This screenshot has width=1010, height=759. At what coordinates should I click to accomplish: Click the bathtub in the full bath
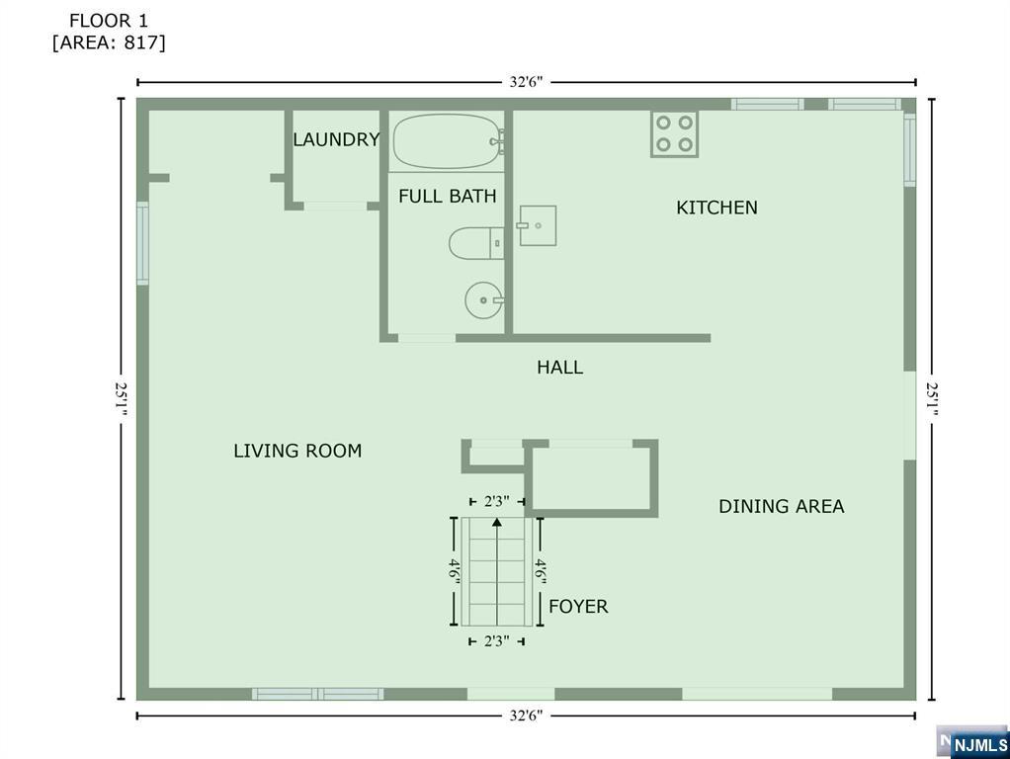click(x=448, y=141)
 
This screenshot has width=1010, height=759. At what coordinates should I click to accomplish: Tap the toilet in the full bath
click(x=476, y=243)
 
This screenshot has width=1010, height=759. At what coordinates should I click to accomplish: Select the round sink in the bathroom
click(x=483, y=300)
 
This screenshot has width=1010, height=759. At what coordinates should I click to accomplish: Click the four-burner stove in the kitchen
click(x=674, y=134)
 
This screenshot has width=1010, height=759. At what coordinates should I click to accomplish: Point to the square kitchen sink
click(x=537, y=225)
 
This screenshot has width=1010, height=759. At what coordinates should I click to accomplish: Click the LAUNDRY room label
click(x=336, y=139)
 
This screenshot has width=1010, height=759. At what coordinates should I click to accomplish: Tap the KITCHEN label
click(x=716, y=208)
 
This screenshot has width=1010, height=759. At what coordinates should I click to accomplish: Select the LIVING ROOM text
click(x=297, y=451)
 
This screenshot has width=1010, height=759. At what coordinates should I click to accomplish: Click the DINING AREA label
click(x=782, y=506)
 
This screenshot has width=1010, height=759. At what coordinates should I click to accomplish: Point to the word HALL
click(x=560, y=368)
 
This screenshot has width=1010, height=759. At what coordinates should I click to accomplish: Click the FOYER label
click(x=578, y=606)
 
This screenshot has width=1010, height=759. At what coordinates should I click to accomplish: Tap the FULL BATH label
click(x=448, y=196)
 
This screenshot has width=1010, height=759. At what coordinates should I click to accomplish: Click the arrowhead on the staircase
click(x=497, y=522)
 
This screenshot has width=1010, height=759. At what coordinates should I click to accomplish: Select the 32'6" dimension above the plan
click(x=527, y=82)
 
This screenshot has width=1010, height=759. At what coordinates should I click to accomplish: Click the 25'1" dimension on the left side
click(x=122, y=399)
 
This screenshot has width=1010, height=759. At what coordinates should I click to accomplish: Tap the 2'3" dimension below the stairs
click(x=497, y=641)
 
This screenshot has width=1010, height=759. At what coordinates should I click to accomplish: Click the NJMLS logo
click(x=973, y=743)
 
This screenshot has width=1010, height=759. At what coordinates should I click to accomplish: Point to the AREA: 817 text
click(x=109, y=42)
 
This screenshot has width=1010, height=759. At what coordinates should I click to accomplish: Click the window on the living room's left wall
click(x=142, y=243)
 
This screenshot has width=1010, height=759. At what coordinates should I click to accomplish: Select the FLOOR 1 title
click(x=109, y=21)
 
